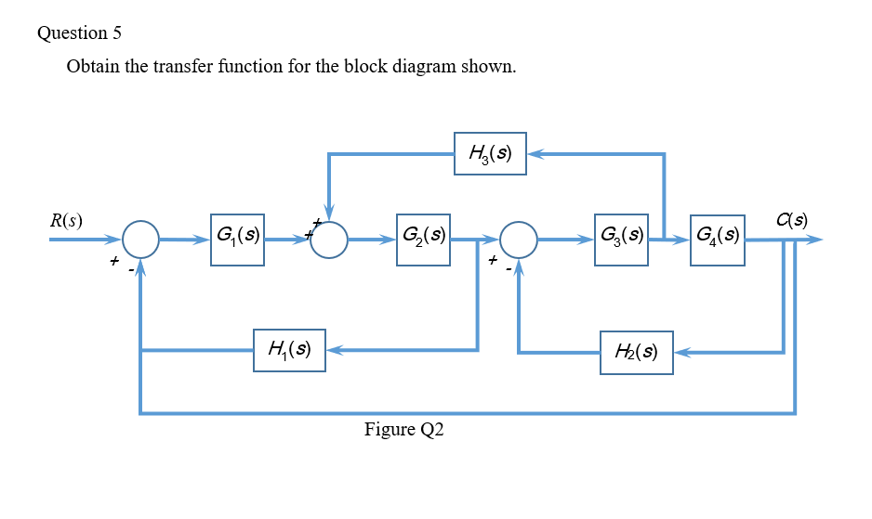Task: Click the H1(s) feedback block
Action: (289, 350)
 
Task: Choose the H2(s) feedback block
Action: (637, 352)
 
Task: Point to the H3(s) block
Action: (491, 153)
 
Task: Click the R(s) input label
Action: (67, 221)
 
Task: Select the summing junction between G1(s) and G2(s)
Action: (329, 240)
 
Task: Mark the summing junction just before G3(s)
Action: (520, 240)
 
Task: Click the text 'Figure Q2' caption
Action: (404, 430)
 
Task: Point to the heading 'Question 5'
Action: (80, 32)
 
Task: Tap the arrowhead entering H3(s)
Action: (535, 153)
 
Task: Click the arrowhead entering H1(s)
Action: (334, 350)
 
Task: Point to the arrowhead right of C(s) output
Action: (816, 240)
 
